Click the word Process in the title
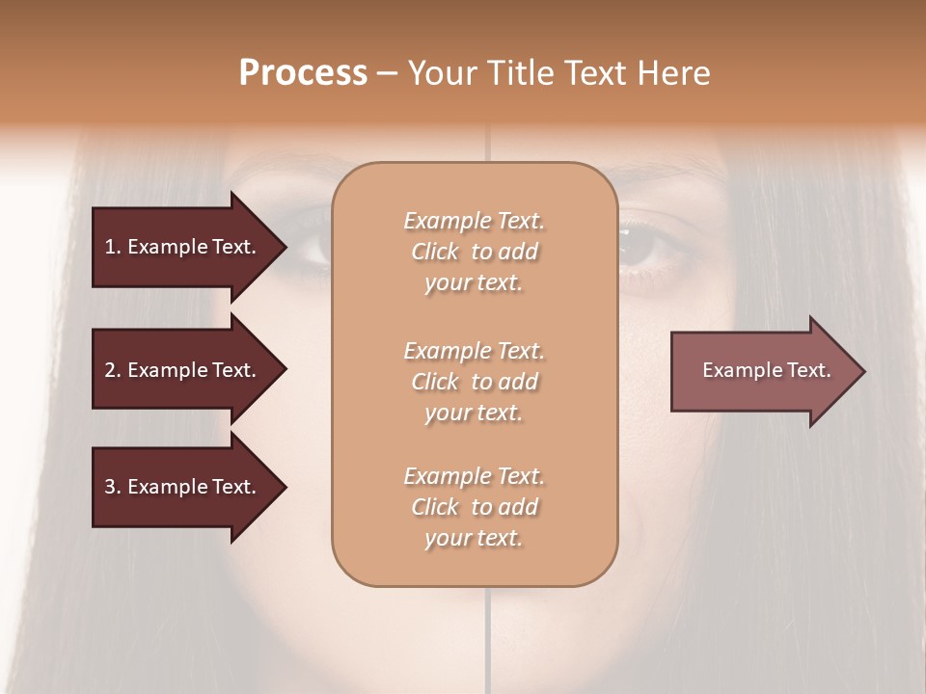303,73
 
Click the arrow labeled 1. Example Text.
183,247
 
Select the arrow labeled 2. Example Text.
183,370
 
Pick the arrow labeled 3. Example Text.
183,487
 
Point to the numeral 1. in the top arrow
113,247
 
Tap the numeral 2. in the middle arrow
113,370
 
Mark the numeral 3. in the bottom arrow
113,487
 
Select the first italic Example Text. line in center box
474,221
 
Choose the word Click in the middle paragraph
435,382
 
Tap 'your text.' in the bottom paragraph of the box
474,538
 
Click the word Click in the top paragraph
435,252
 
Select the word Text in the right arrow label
807,370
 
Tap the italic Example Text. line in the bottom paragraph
474,476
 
